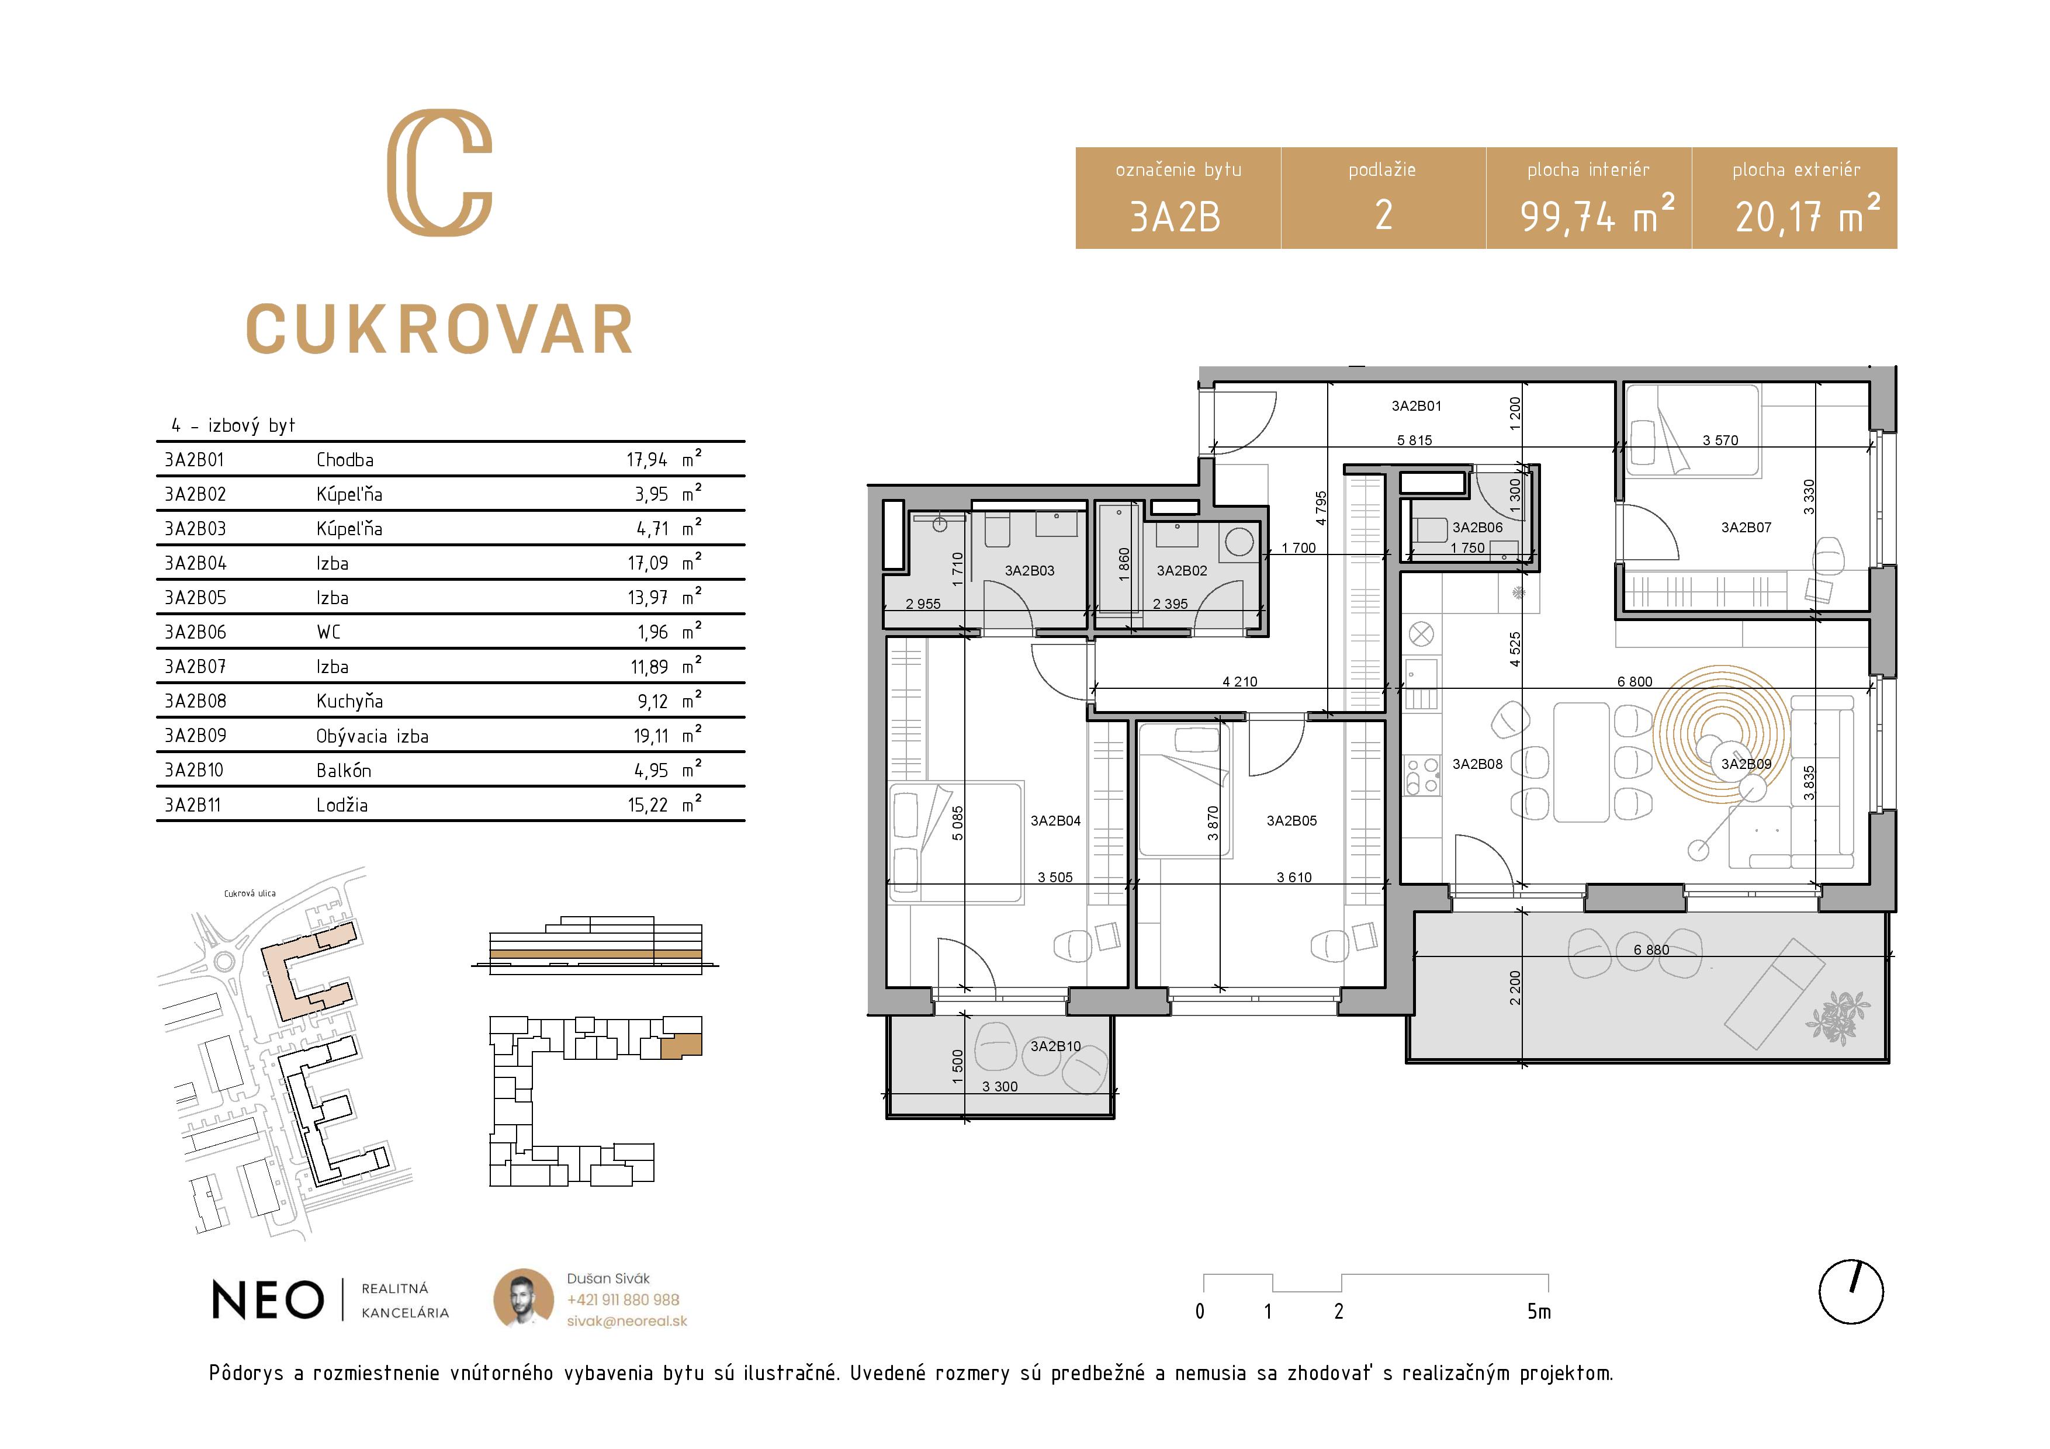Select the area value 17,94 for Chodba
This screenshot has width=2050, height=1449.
(x=646, y=460)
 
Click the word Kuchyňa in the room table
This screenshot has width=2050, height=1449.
(x=349, y=702)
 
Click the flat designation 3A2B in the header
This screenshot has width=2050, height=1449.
(x=1175, y=217)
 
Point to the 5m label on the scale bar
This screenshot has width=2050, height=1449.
(x=1539, y=1312)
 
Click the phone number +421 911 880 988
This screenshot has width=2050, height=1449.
(x=622, y=1300)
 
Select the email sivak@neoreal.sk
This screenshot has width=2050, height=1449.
(x=627, y=1321)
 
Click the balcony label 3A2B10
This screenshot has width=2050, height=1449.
(x=1055, y=1046)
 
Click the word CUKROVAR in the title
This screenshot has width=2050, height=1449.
(x=439, y=330)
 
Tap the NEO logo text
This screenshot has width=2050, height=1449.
(x=268, y=1300)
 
